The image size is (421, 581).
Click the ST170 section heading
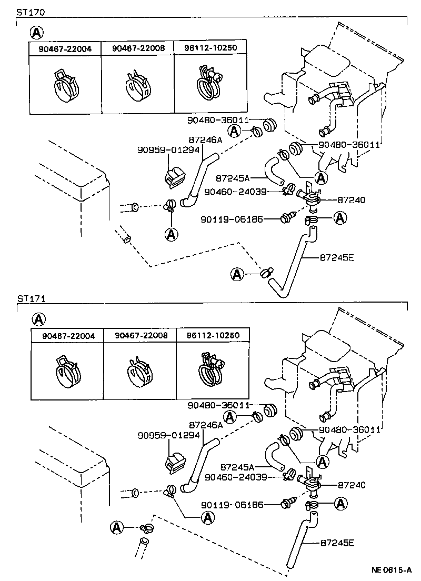[31, 12]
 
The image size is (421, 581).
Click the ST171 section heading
[31, 298]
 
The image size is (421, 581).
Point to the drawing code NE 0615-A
[392, 569]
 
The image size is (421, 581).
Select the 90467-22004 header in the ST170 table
[65, 48]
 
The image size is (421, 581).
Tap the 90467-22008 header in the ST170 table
[138, 48]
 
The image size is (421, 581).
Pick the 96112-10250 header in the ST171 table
[213, 335]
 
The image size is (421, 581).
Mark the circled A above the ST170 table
[36, 33]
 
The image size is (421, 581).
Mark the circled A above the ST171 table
[38, 319]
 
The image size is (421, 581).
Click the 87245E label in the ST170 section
[337, 257]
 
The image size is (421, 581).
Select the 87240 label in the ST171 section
[352, 485]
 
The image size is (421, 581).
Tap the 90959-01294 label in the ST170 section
[168, 149]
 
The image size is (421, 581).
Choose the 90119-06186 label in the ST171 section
[232, 505]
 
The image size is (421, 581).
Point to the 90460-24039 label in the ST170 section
[235, 192]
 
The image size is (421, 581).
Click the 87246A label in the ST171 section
[206, 425]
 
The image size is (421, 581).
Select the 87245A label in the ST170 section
[233, 178]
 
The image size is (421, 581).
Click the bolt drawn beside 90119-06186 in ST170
[287, 217]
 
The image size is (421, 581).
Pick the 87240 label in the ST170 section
[352, 200]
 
